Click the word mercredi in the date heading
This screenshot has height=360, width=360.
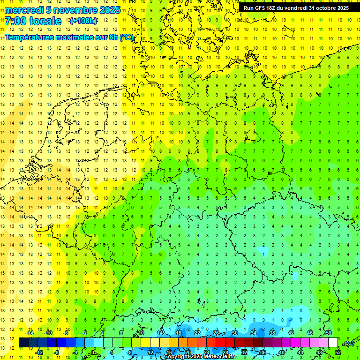coord(23,10)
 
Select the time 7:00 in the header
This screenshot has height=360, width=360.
coord(16,21)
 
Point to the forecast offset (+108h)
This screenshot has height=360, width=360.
coord(83,21)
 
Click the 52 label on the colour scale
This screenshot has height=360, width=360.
coord(338,352)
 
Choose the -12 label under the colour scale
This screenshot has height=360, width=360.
coord(39,352)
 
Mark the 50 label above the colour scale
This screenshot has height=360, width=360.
coord(328,333)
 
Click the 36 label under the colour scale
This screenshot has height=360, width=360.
coord(263,352)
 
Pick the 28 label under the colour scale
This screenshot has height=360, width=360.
coord(225,352)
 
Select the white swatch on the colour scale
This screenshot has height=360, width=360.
coord(333,343)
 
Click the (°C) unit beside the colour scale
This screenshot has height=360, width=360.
coord(349,343)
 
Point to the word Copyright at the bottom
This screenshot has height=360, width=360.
coord(177,357)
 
